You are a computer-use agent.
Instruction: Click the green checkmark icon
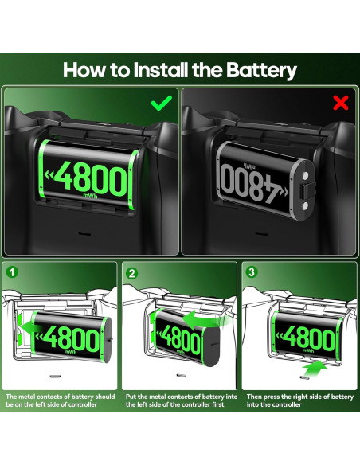[162, 102]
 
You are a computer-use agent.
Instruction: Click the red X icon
[340, 102]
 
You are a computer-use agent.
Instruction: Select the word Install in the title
[159, 69]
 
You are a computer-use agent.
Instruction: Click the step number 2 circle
[132, 272]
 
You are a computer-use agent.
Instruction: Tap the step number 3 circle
[252, 272]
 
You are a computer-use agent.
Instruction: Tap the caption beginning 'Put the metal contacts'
[180, 401]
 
